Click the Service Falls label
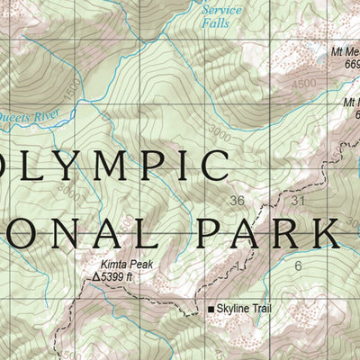[x=221, y=15]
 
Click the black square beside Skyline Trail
[x=212, y=310]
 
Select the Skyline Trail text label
[x=250, y=310]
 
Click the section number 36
[x=238, y=200]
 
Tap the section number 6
[x=298, y=266]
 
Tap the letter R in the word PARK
[x=290, y=232]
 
